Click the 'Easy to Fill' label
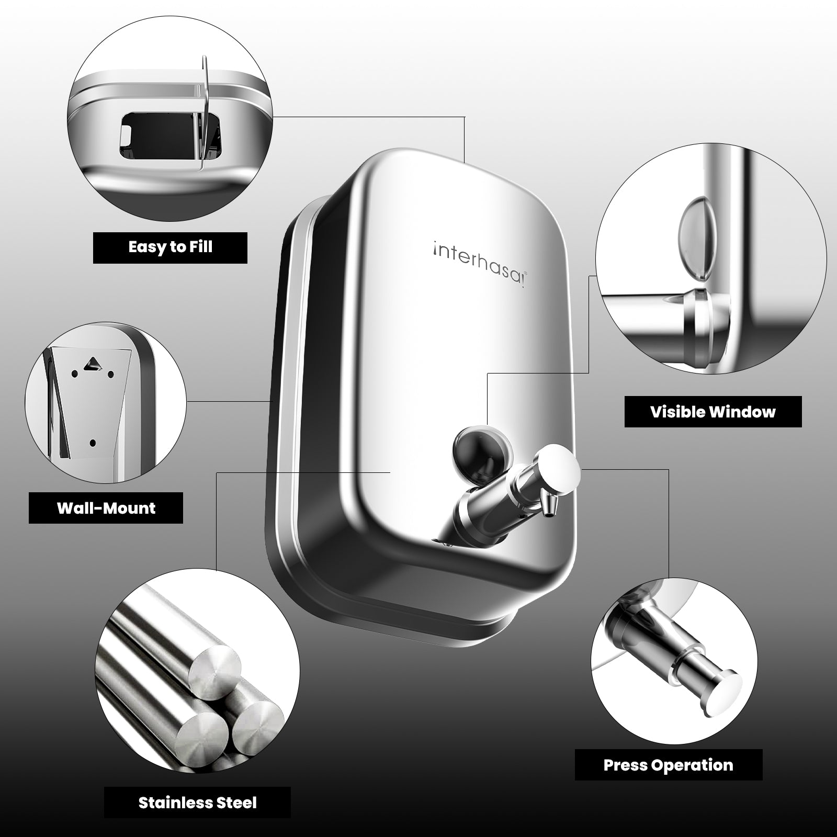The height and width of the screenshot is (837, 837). click(170, 247)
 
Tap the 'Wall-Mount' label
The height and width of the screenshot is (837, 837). click(106, 508)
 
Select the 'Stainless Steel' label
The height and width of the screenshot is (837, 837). click(197, 802)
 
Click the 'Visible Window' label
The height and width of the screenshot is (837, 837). click(713, 411)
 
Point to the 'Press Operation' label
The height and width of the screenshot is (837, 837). click(668, 765)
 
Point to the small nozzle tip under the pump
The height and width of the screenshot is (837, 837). click(549, 507)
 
